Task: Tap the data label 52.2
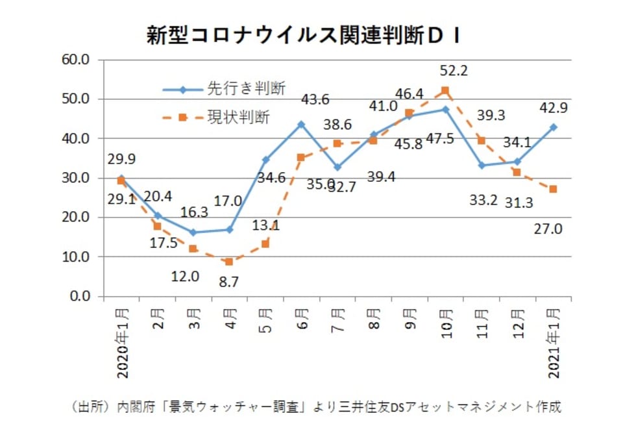click(x=454, y=71)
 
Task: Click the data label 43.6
click(x=315, y=99)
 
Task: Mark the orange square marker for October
click(x=445, y=91)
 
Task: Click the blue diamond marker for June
click(x=301, y=124)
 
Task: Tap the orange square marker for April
click(x=229, y=262)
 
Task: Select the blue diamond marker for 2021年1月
click(x=553, y=127)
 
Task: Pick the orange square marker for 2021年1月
click(x=553, y=190)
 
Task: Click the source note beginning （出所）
click(x=314, y=407)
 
